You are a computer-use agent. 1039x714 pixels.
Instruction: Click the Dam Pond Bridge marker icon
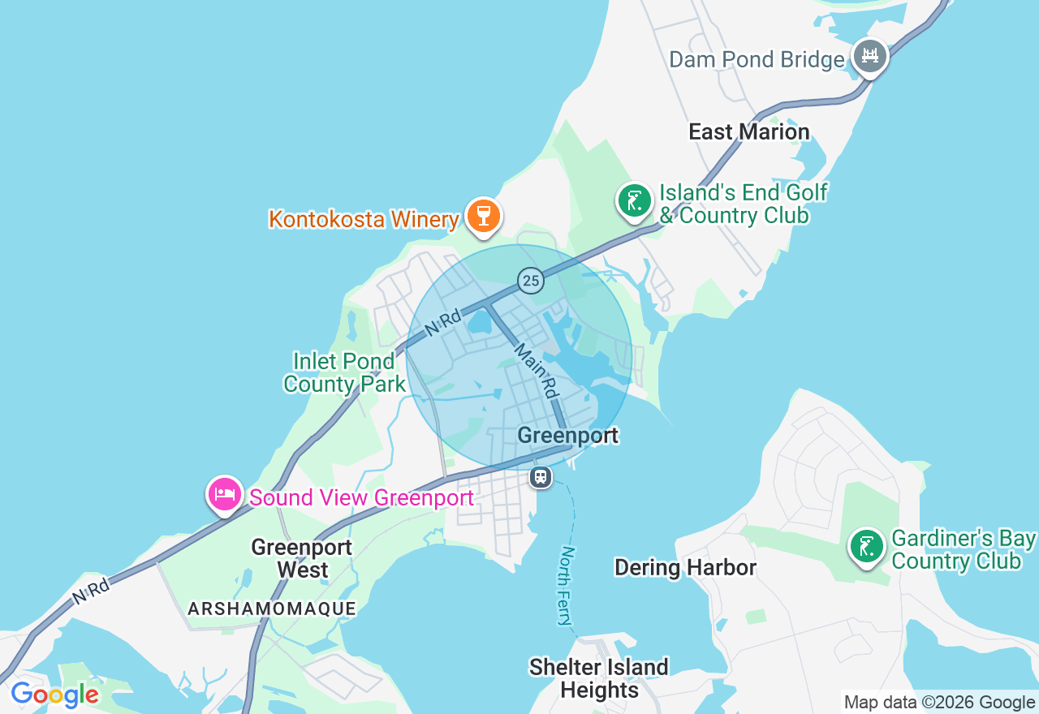click(869, 56)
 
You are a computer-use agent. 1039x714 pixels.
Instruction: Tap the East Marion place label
click(748, 131)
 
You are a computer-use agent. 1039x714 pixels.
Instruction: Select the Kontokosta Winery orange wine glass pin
click(484, 216)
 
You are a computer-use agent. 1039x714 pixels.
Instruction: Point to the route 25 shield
click(531, 281)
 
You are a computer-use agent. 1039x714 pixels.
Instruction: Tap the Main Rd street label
click(536, 370)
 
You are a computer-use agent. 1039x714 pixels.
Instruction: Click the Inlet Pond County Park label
click(344, 372)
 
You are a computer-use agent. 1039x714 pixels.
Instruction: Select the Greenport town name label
click(567, 436)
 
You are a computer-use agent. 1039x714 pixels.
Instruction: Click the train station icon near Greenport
click(541, 477)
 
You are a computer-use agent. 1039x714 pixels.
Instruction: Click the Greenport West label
click(302, 558)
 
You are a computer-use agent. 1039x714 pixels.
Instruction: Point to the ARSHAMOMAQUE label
click(272, 609)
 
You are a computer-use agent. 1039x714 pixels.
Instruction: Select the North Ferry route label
click(567, 585)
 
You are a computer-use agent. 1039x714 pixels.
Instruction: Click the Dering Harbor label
click(685, 567)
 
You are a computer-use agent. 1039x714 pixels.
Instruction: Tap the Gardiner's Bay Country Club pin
click(867, 546)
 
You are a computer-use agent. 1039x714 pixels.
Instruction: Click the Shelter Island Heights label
click(598, 678)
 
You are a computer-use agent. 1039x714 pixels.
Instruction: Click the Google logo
click(54, 695)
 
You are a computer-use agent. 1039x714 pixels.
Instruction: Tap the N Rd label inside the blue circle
click(443, 321)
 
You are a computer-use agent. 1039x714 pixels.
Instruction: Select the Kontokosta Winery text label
click(364, 219)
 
